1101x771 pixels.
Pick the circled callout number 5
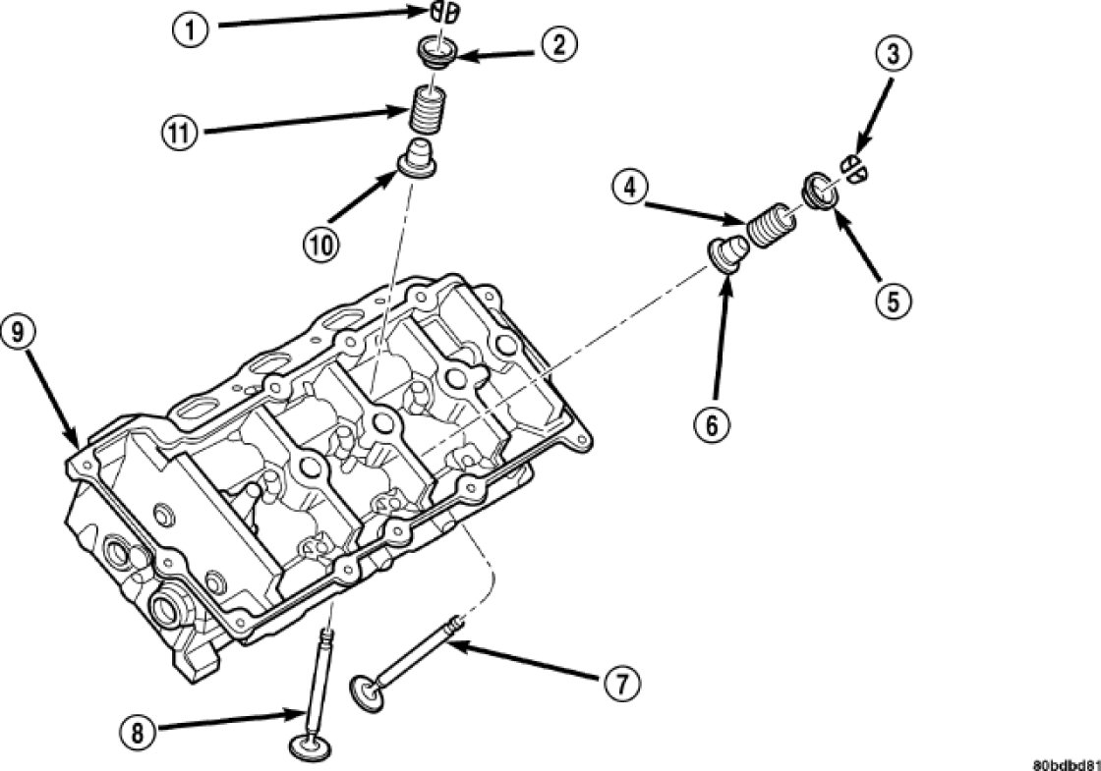(893, 301)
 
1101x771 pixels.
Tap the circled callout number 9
(21, 331)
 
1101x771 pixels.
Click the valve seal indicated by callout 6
(728, 250)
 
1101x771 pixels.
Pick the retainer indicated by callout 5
(820, 190)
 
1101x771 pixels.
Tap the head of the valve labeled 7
(368, 693)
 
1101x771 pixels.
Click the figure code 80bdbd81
(1065, 763)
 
